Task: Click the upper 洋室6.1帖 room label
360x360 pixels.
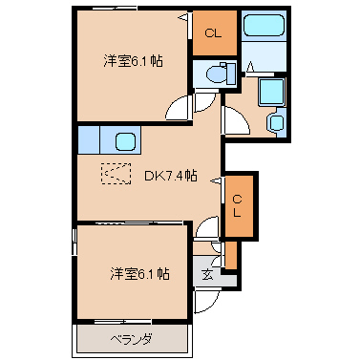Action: pos(133,60)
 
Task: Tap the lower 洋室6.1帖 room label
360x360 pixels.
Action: pos(139,273)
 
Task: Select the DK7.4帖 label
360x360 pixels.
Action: pos(170,176)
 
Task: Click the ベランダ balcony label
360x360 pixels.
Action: pos(132,339)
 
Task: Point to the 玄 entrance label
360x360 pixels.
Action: pos(207,274)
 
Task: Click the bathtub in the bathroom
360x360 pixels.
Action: pos(264,25)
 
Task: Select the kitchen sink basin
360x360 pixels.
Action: pos(125,141)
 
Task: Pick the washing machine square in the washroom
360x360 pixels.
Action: pos(271,92)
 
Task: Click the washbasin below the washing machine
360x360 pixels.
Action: pos(276,122)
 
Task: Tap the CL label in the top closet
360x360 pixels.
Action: pos(213,32)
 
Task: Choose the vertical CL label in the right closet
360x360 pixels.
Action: pos(237,206)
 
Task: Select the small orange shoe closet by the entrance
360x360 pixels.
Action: pos(231,255)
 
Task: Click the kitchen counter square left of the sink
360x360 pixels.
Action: pos(89,139)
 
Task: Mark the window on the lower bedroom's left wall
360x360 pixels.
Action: pos(74,242)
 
